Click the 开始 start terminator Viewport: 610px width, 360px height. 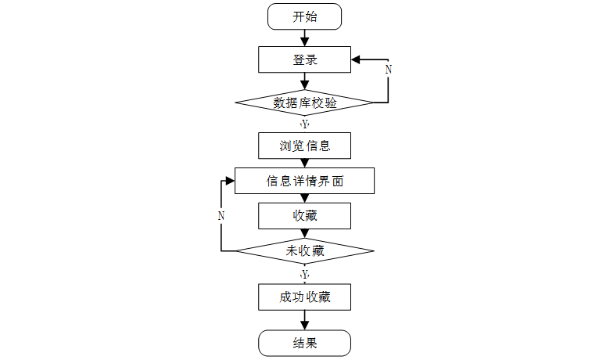(304, 16)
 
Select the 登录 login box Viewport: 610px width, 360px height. (304, 59)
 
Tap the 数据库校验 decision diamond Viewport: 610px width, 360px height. (304, 103)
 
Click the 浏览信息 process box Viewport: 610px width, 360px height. (304, 146)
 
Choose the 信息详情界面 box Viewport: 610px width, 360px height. (304, 181)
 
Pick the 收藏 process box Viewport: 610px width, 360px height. (304, 215)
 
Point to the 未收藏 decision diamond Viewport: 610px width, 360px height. (304, 251)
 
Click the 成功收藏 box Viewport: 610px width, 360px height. (304, 297)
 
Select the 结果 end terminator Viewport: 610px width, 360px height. (304, 342)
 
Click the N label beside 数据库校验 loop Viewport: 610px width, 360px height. (389, 69)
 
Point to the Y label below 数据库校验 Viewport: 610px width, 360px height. (304, 124)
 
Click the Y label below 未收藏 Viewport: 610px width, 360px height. (304, 275)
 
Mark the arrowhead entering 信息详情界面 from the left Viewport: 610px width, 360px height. (229, 181)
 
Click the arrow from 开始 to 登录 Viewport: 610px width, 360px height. (304, 38)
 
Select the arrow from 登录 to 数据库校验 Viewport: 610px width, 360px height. (304, 81)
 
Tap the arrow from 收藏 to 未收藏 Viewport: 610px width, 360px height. (304, 232)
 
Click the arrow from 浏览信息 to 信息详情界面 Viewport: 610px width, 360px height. (304, 163)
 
